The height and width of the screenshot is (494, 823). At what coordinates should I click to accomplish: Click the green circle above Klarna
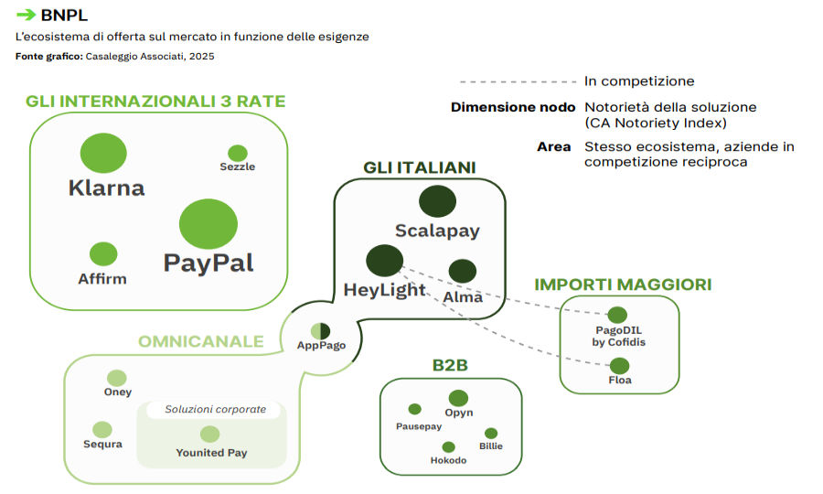coord(103,153)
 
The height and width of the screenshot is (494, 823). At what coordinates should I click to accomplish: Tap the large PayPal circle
coord(208,223)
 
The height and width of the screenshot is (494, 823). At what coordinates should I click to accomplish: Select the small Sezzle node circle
coord(238,153)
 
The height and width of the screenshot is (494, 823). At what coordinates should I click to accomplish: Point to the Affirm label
coord(102,278)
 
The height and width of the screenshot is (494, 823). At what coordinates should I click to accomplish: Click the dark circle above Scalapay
coord(437,202)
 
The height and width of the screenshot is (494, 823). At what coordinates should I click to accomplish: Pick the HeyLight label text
coord(385,290)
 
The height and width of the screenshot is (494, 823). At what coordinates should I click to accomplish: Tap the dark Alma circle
coord(463,271)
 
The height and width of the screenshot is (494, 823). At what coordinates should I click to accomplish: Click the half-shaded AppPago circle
coord(320,330)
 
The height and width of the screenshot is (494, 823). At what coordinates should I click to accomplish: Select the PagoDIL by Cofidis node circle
coord(617,316)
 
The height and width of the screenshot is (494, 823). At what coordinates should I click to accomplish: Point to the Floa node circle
coord(619,366)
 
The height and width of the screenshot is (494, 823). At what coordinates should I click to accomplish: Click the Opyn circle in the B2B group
coord(458,398)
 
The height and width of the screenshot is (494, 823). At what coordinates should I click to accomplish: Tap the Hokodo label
coord(448,460)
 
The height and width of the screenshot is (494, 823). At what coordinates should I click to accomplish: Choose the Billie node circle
coord(491,433)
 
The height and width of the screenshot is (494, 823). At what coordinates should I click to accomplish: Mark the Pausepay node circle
coord(414,409)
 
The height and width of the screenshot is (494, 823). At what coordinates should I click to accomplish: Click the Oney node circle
coord(117,378)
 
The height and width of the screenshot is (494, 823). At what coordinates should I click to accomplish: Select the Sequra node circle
coord(102,429)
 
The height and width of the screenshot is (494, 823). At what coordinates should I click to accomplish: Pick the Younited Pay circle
coord(210,434)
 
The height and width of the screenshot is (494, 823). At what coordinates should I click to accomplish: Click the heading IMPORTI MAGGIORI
coord(623,285)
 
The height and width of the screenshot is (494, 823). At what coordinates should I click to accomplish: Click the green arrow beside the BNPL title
coord(27,14)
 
